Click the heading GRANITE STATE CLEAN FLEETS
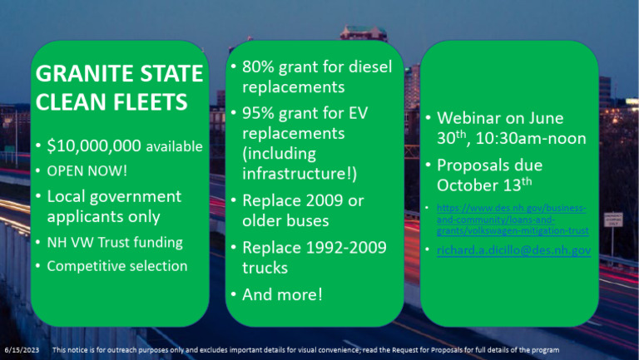pos(120,89)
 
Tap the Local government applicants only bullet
pos(114,206)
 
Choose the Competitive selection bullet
pos(116,266)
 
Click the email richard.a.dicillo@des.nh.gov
pos(513,249)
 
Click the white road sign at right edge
pos(614,217)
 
